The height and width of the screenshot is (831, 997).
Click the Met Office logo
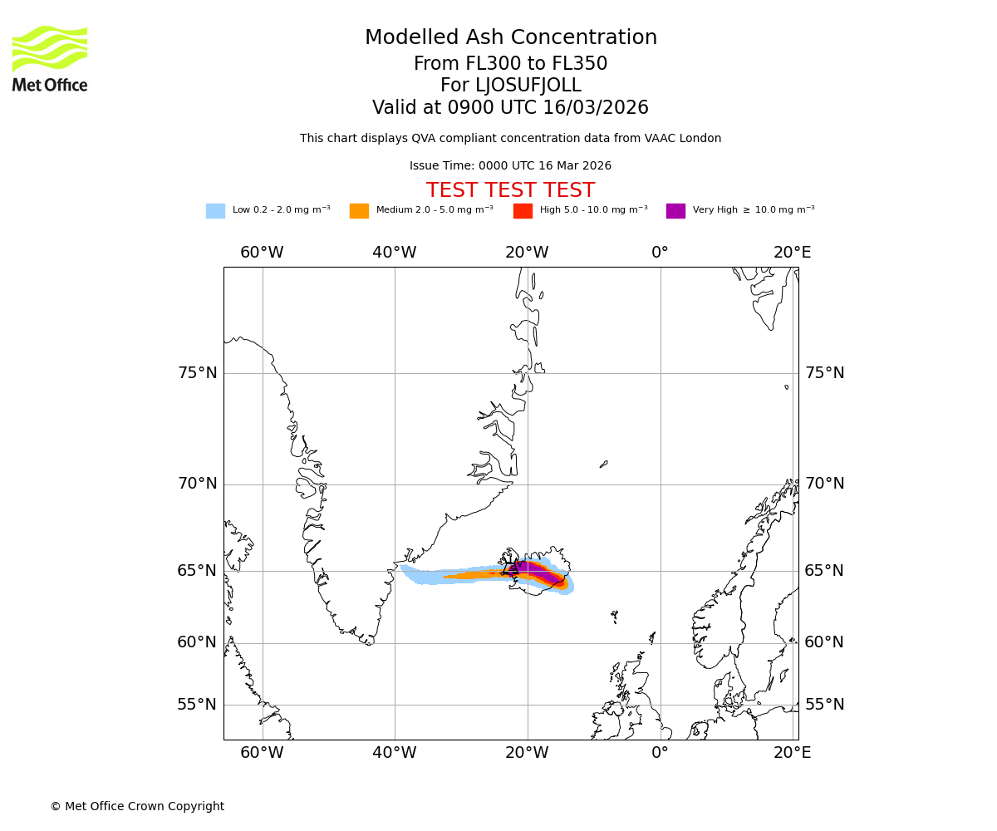[50, 58]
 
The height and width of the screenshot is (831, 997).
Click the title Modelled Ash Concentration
[510, 38]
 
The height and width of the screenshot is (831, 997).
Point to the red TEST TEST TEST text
[510, 190]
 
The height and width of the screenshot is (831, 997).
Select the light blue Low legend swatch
[215, 211]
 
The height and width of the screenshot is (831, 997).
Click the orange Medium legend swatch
[359, 211]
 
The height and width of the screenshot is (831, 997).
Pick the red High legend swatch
[523, 211]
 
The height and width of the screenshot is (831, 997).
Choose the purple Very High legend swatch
[675, 211]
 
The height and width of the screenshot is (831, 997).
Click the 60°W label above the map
[262, 253]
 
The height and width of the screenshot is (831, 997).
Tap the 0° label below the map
[660, 753]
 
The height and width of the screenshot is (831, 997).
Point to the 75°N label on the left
[198, 373]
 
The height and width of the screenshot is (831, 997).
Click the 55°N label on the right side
[824, 705]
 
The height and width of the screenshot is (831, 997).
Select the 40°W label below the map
[394, 753]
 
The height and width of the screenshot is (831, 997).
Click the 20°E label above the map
[792, 253]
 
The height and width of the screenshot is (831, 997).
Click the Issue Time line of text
[510, 166]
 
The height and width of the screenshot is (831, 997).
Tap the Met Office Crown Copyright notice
[137, 806]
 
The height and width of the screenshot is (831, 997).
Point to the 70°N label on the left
[198, 484]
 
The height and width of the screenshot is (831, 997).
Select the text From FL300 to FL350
[510, 64]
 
